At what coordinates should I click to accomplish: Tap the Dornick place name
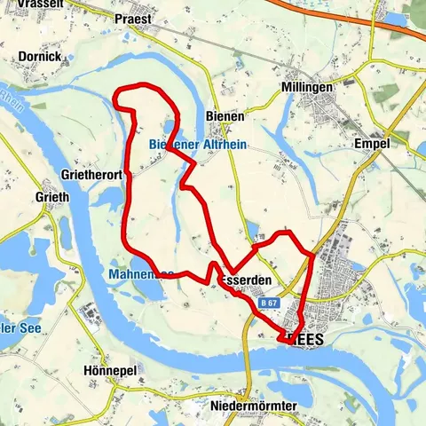[38, 55]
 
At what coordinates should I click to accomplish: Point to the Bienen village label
[224, 115]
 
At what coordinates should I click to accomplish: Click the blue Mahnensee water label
[142, 275]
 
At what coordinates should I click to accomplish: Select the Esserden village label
[240, 280]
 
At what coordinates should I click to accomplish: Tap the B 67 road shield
[271, 304]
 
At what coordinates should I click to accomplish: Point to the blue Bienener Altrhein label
[197, 144]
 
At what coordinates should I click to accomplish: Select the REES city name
[311, 339]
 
